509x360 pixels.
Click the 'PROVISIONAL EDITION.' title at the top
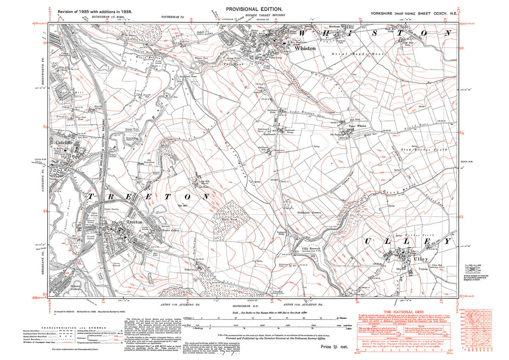tap(254, 9)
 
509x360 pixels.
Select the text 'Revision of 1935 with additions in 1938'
tap(95, 12)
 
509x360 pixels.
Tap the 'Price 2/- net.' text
tap(334, 347)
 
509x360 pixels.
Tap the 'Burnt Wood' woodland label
tap(229, 219)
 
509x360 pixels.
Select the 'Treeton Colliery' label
tap(170, 230)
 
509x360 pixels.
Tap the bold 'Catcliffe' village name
tap(64, 143)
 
